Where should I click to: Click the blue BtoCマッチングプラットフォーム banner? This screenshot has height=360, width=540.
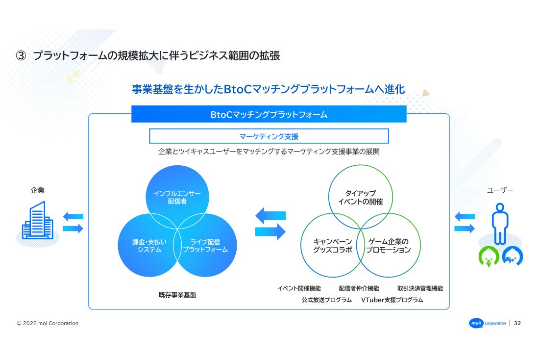click(269, 115)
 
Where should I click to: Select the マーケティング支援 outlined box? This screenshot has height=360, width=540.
click(269, 136)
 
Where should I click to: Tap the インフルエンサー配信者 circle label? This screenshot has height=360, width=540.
click(177, 197)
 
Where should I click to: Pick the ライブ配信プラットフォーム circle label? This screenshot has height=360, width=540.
click(205, 245)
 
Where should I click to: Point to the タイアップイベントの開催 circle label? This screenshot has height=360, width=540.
click(360, 197)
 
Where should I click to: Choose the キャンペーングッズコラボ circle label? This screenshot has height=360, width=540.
click(332, 245)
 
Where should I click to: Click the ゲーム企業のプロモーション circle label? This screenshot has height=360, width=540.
click(388, 245)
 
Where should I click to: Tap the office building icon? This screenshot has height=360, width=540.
click(37, 221)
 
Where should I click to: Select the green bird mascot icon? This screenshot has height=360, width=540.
click(489, 256)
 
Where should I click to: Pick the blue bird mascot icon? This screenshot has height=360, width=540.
click(512, 256)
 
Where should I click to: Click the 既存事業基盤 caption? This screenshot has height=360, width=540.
click(177, 295)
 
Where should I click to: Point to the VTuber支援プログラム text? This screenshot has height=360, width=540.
click(392, 300)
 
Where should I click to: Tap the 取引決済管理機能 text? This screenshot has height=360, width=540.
click(420, 288)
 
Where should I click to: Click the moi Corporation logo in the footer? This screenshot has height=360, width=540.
click(488, 323)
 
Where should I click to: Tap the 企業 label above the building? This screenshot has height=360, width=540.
click(37, 190)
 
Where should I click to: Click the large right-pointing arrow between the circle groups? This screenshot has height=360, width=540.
click(270, 231)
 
